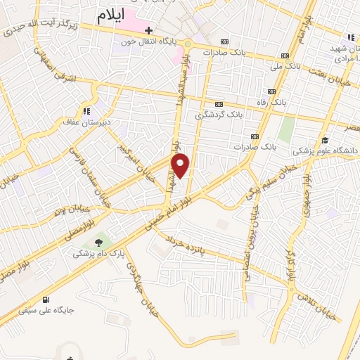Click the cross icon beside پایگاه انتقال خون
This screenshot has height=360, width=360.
tap(149, 30)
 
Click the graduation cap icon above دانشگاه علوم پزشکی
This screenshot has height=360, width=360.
tap(325, 140)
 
